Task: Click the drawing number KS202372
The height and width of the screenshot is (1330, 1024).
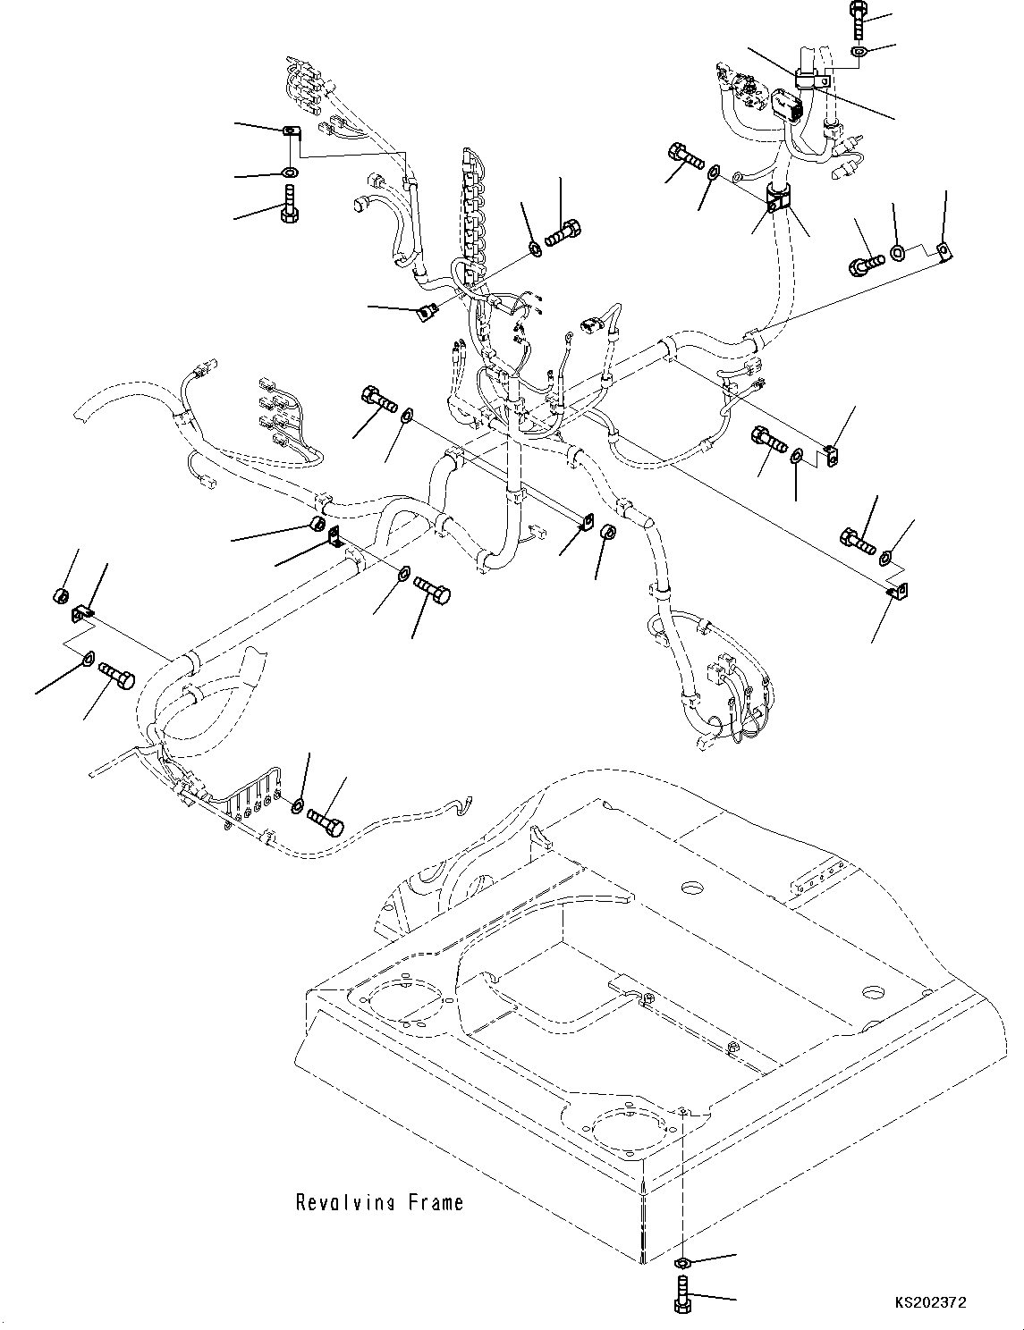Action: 928,1304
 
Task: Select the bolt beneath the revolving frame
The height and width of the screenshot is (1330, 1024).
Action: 682,1293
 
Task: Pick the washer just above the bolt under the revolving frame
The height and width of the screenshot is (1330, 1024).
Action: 681,1263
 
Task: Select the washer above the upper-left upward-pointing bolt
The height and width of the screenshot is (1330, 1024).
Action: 289,171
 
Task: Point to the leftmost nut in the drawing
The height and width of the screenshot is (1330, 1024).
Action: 61,595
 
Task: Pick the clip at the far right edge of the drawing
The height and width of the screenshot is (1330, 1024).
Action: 942,249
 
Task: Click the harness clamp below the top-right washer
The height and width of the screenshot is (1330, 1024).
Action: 810,80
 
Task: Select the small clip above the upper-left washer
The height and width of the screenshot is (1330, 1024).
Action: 289,133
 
